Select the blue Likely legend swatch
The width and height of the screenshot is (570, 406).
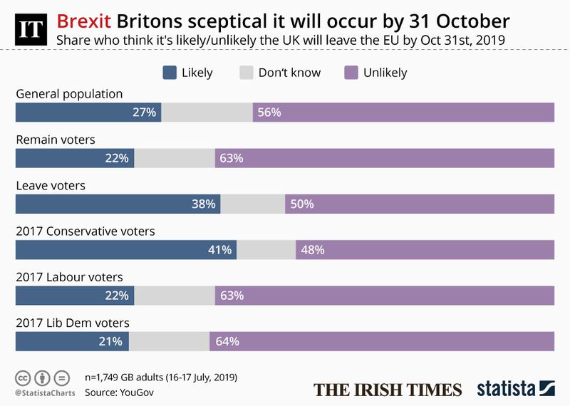click(x=170, y=73)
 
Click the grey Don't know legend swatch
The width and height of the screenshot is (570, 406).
click(x=247, y=73)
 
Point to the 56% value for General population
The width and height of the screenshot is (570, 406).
click(x=269, y=113)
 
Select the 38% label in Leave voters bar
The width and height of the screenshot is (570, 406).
click(x=203, y=204)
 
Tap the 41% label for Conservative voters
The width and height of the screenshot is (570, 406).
click(x=219, y=250)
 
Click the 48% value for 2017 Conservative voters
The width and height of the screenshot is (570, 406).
click(x=313, y=250)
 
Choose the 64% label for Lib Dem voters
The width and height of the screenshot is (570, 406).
click(x=227, y=341)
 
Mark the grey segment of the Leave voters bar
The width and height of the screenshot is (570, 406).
click(x=253, y=204)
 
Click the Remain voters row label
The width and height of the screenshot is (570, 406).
click(x=56, y=140)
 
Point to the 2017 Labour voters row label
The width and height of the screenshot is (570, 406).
click(x=70, y=277)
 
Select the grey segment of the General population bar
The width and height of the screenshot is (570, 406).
click(x=207, y=113)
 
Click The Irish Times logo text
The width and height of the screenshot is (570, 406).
click(x=388, y=390)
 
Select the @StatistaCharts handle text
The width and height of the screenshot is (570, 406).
click(x=43, y=392)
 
